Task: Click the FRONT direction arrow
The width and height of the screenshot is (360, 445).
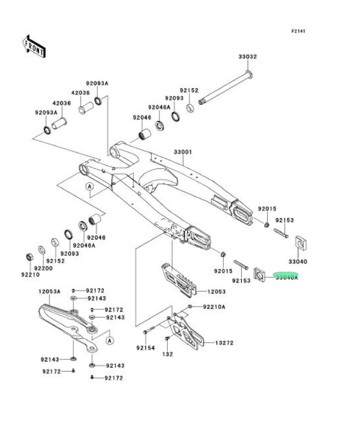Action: coord(34,47)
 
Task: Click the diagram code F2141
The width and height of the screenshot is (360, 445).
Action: coord(298,31)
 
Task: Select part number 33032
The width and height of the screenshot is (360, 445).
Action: coord(248,57)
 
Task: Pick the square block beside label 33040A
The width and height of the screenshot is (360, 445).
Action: coord(259,273)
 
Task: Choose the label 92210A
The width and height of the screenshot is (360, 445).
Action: coord(214,306)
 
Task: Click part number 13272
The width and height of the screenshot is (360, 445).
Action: coord(224,343)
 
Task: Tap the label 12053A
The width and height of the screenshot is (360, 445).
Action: coord(49,291)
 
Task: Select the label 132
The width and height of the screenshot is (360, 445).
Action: coord(168,354)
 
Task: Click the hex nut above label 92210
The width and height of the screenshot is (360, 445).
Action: coord(29,257)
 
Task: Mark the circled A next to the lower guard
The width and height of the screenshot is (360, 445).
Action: coord(110,339)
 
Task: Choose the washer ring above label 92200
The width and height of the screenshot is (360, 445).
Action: coord(42,249)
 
